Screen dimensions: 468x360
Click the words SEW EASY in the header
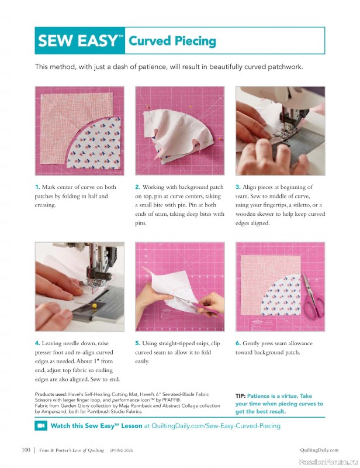(x=78, y=41)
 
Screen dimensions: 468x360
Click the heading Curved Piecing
(x=172, y=41)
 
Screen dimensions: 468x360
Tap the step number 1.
(x=37, y=187)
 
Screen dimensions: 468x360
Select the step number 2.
(x=137, y=187)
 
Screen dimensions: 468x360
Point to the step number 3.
(x=238, y=187)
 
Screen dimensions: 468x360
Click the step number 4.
(x=37, y=343)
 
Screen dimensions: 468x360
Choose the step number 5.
(x=137, y=343)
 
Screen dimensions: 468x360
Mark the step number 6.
(x=238, y=343)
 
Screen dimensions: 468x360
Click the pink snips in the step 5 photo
(x=208, y=307)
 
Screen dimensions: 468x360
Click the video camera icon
(x=41, y=426)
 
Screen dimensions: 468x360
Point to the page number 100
(x=26, y=450)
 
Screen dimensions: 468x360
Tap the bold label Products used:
(x=53, y=394)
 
